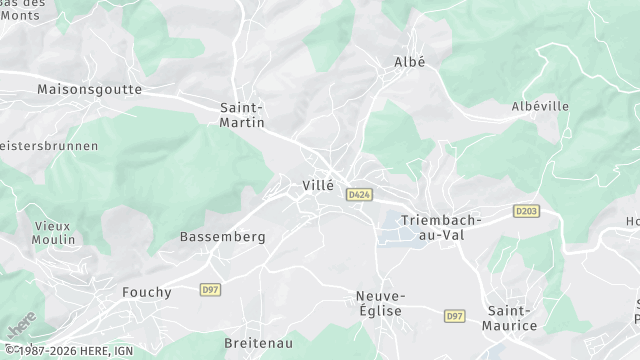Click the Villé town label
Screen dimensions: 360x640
pos(318,185)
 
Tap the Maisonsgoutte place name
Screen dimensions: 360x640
pos(90,89)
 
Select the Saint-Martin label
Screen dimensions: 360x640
pos(242,114)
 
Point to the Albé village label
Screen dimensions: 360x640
pos(409,62)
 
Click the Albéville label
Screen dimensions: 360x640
pos(540,106)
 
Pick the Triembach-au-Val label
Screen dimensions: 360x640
pos(441,226)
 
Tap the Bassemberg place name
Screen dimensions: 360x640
pos(222,237)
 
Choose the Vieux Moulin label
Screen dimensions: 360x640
pos(54,233)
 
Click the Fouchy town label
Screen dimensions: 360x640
pos(147,292)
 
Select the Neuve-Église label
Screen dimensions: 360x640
pos(379,303)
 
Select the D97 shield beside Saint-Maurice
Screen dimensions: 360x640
pos(455,316)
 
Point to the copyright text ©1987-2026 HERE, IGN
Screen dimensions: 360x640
pos(68,351)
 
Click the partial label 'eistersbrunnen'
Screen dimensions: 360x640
pos(50,145)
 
